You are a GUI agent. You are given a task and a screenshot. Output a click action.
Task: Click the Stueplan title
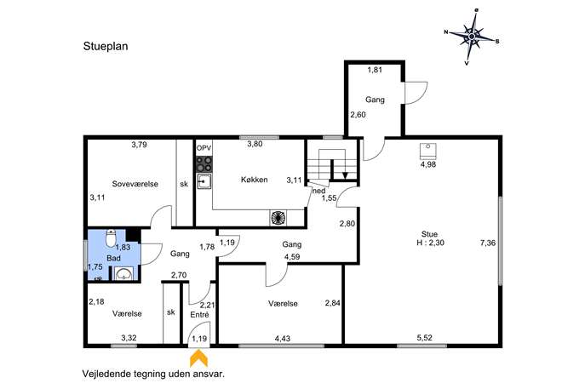pos(106,46)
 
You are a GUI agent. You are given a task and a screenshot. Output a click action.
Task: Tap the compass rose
pos(472,37)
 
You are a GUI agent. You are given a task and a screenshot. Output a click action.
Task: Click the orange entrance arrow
pos(199,358)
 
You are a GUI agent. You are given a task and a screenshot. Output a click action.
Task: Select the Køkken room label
pos(254,180)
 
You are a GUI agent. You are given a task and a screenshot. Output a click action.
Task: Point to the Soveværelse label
pos(135,184)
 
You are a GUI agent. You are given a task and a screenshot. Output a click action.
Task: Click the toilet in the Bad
pos(112,238)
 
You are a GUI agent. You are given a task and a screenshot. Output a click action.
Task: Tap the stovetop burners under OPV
pos(204,164)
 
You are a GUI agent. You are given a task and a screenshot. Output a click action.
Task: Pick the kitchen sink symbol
pos(204,181)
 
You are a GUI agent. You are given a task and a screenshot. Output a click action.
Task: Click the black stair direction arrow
pos(345,175)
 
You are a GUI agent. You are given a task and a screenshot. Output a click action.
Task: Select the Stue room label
pos(429,234)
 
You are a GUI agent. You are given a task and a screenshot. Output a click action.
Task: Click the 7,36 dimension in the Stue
pos(488,243)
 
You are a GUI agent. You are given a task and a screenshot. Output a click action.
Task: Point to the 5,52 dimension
pos(424,338)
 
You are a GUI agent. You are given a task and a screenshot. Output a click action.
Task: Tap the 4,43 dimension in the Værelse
pos(283,339)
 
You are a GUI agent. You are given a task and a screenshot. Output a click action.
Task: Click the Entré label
pos(199,315)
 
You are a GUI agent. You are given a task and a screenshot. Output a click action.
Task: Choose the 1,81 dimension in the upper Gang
pos(375,70)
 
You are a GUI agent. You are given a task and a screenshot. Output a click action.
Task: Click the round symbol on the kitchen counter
pos(278,218)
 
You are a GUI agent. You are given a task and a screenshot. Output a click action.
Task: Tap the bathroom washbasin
pos(123,274)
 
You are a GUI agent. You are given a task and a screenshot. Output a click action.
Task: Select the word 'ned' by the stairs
pos(319,191)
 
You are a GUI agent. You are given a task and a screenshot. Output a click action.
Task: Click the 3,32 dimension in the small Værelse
pos(129,338)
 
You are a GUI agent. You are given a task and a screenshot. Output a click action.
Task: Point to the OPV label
pos(204,148)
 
